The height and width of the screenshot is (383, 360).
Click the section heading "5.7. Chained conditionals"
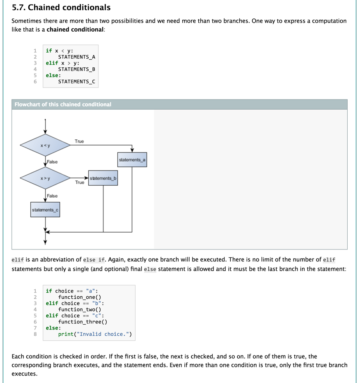coord(61,7)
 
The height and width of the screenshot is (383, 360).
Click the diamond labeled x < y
coord(45,145)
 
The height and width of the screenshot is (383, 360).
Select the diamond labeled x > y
coord(45,178)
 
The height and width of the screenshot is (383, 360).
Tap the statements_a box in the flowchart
coord(132,160)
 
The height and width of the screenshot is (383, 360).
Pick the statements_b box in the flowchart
coord(103,178)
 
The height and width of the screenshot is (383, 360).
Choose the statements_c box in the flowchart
coord(45,210)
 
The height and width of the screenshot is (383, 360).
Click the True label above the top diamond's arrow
coord(79,141)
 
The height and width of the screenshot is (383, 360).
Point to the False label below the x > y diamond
coord(52,196)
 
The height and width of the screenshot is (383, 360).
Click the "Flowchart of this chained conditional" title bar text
coord(63,104)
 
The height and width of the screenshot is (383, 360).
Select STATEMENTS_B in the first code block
coord(77,69)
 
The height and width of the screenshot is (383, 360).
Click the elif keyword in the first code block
coord(52,63)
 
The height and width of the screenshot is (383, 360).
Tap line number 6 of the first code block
coord(35,82)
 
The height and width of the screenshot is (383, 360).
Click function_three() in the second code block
coord(83,322)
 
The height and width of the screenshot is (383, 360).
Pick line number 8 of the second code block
coord(35,334)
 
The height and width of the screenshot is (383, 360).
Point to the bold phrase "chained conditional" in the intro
coord(75,30)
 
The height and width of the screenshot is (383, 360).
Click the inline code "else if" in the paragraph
coord(94,260)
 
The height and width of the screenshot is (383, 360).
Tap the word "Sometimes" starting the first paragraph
coord(26,21)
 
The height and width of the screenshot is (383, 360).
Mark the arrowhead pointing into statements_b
coord(86,178)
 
